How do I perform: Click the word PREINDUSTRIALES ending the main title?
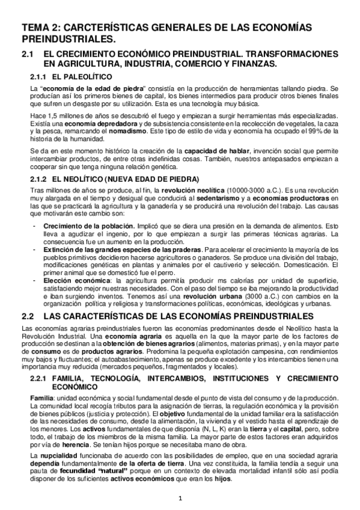(67, 40)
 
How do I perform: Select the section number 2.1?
(29, 55)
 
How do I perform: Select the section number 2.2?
(29, 315)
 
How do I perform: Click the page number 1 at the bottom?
(180, 498)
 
